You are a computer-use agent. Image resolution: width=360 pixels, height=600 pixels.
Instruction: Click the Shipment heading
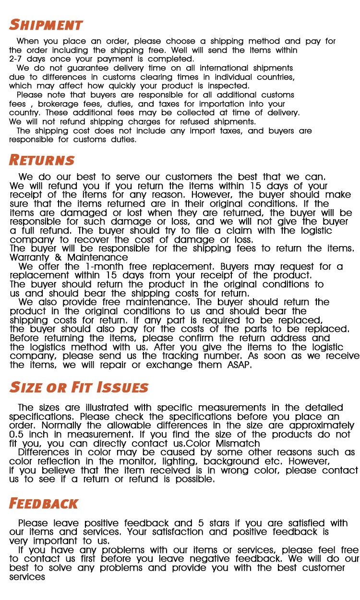46,24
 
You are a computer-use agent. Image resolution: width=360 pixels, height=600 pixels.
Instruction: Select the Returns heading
42,160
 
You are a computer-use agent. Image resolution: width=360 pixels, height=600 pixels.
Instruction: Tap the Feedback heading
43,503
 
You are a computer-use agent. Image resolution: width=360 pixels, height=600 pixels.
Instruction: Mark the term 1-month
102,267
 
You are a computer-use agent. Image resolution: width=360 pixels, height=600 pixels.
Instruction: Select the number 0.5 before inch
18,435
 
